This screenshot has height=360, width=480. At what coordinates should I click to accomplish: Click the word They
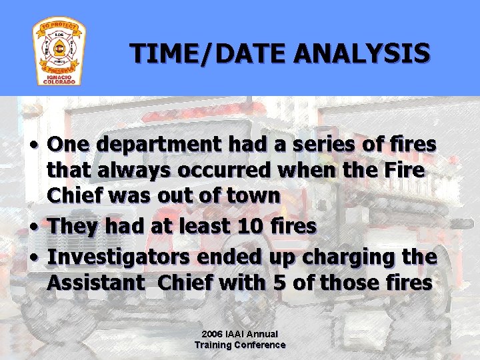tap(73, 226)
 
